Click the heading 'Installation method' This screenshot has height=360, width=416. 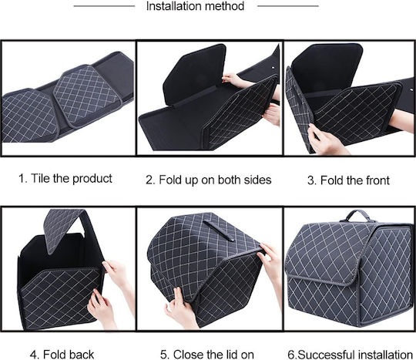(x=195, y=6)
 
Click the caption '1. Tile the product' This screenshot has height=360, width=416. (x=65, y=178)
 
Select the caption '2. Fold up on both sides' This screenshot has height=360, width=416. (x=209, y=180)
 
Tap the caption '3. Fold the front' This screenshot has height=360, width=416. (x=348, y=180)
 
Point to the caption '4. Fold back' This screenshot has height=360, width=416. (x=62, y=355)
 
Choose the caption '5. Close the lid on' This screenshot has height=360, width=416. (x=207, y=355)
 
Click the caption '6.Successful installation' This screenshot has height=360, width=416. (x=350, y=355)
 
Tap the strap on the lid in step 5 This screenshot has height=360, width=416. (x=218, y=230)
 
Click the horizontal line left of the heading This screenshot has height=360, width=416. (x=104, y=5)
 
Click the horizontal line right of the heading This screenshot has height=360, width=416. (x=288, y=5)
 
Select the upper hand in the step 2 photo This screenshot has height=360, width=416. (x=237, y=80)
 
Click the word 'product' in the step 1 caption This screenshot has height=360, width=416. (x=92, y=179)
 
